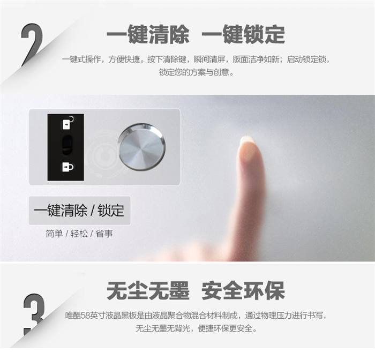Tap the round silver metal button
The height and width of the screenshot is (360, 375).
pyautogui.click(x=142, y=147)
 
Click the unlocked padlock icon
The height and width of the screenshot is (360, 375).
pyautogui.click(x=67, y=123)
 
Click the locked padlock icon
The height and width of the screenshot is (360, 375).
pyautogui.click(x=68, y=167)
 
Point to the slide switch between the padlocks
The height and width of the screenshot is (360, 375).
pyautogui.click(x=67, y=145)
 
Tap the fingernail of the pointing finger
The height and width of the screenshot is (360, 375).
pyautogui.click(x=247, y=144)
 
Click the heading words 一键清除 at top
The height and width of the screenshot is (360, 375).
pyautogui.click(x=148, y=35)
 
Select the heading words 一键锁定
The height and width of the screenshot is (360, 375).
pyautogui.click(x=243, y=35)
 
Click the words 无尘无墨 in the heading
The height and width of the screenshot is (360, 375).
pyautogui.click(x=148, y=291)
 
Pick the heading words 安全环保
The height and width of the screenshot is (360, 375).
pyautogui.click(x=243, y=291)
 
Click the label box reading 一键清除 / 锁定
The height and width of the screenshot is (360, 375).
pyautogui.click(x=80, y=211)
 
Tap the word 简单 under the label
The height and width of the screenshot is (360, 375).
pyautogui.click(x=54, y=234)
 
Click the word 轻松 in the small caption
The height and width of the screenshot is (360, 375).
pyautogui.click(x=79, y=234)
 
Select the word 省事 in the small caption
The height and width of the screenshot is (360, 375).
pyautogui.click(x=104, y=234)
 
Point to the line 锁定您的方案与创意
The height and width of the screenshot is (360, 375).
pyautogui.click(x=197, y=72)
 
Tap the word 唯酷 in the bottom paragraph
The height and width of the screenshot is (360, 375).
pyautogui.click(x=73, y=316)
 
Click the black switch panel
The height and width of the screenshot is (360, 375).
pyautogui.click(x=66, y=147)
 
